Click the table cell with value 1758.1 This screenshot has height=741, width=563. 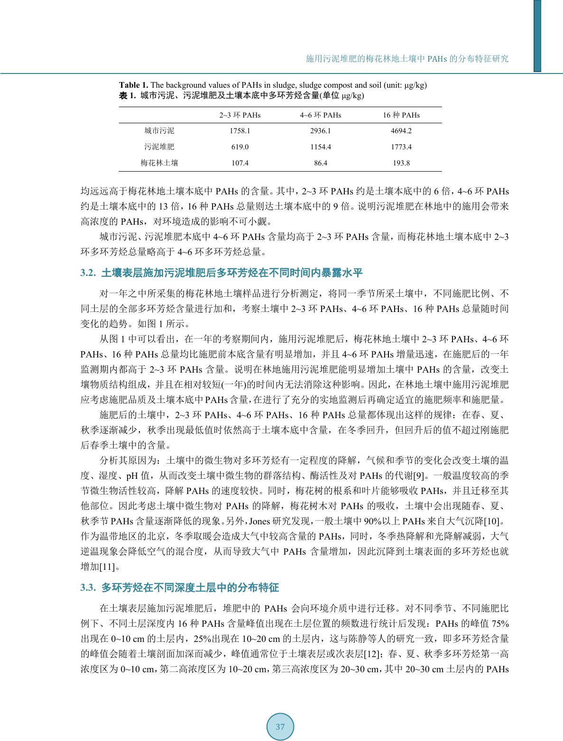[240, 131]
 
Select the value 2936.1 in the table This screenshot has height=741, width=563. [321, 131]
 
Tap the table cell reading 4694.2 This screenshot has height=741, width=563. [401, 131]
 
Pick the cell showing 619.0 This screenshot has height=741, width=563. [240, 147]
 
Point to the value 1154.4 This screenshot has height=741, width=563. [321, 147]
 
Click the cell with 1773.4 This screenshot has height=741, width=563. [401, 147]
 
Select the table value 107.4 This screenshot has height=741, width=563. [240, 163]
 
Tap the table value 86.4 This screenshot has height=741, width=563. [321, 163]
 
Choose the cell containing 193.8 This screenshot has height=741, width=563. [401, 163]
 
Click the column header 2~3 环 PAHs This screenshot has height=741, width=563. [240, 115]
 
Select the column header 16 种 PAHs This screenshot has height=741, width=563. [401, 115]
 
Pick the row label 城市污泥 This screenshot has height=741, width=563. [159, 131]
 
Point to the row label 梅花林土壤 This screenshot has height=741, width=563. [159, 163]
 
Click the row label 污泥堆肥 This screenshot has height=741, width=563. [159, 147]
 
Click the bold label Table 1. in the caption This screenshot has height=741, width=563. [133, 85]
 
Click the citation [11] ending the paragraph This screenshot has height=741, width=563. [108, 567]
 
